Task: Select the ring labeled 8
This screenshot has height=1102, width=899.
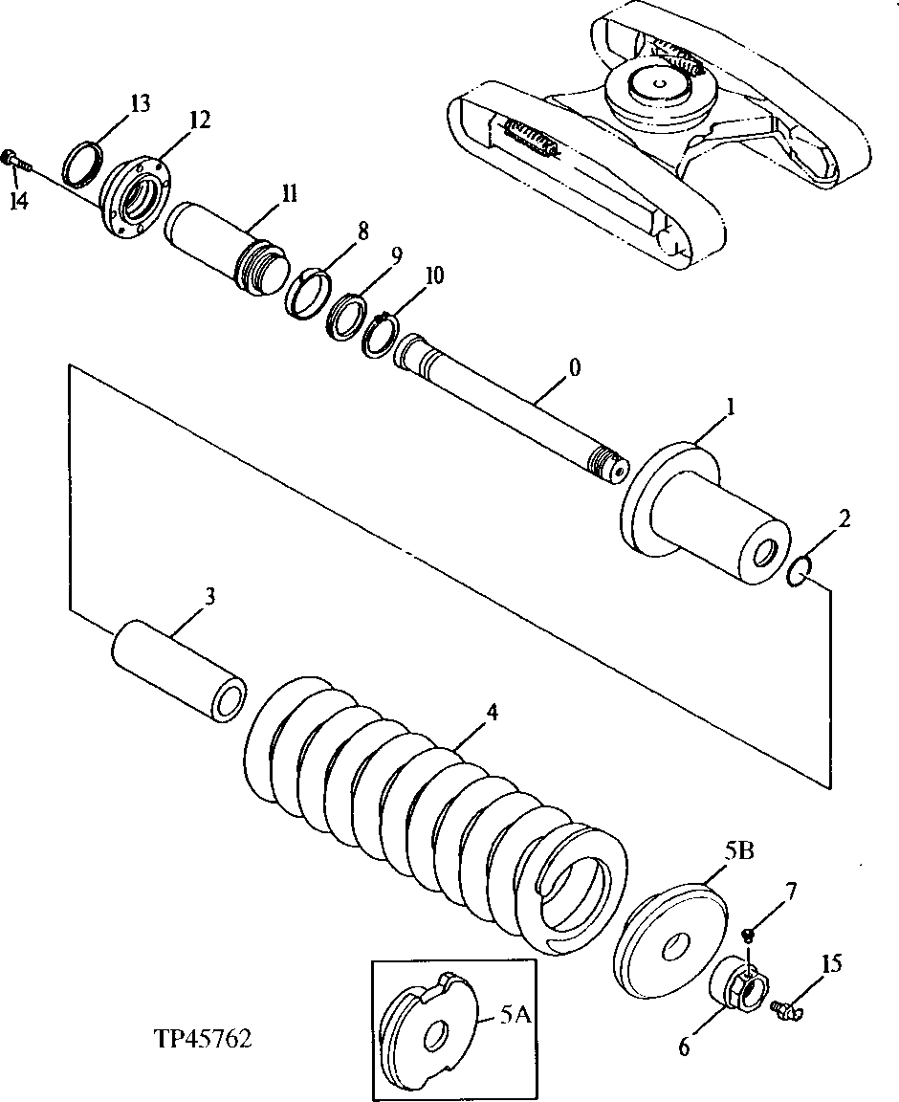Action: click(x=308, y=293)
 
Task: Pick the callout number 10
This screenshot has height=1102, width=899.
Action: click(x=434, y=276)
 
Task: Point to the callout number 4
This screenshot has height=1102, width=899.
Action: click(x=492, y=713)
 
